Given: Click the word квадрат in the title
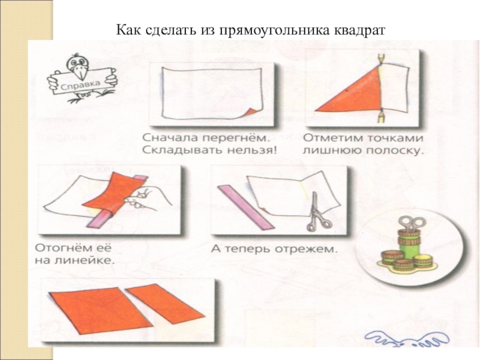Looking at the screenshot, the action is point(359,31).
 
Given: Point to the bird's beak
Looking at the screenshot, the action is point(81,72).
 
